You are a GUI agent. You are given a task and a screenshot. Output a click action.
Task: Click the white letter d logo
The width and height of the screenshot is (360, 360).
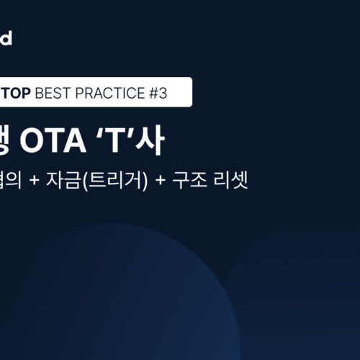[6, 38]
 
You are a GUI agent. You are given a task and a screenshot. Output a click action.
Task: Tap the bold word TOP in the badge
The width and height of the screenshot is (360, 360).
[15, 93]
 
